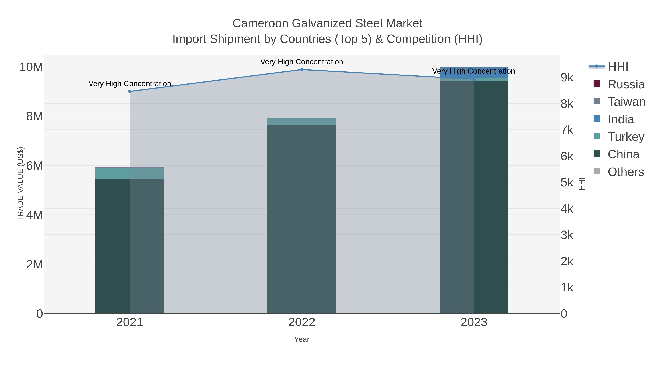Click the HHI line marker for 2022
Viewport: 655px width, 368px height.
coord(302,70)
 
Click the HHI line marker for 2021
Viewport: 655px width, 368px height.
coord(130,91)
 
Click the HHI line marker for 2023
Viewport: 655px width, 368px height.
coord(474,79)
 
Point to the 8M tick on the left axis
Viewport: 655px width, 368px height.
coord(35,116)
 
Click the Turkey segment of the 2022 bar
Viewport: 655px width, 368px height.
coord(302,122)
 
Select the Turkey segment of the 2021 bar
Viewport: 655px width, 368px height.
coord(130,173)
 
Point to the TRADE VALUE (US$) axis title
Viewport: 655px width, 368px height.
coord(20,184)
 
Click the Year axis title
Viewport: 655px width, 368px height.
coord(302,339)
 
